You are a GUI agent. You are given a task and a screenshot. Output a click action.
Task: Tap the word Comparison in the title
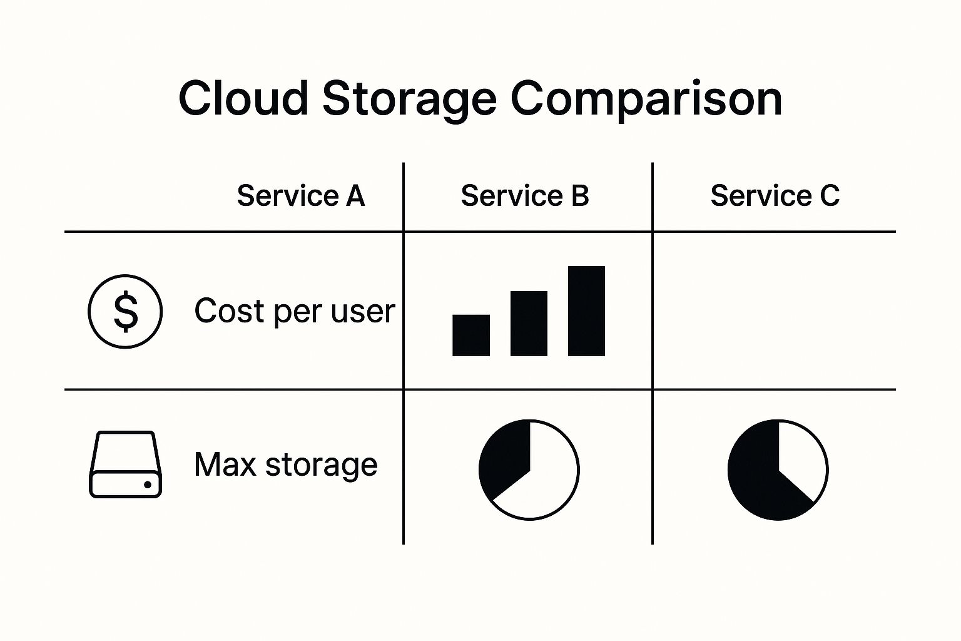[646, 98]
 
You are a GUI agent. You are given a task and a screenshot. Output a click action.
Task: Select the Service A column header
[300, 196]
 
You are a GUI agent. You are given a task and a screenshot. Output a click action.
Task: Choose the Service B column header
[525, 196]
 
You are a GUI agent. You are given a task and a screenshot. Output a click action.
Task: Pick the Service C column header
[775, 196]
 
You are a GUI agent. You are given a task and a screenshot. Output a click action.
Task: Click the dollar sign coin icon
[125, 311]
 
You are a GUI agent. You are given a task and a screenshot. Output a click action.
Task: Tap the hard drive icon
[125, 464]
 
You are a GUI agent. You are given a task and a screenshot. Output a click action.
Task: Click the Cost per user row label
[294, 311]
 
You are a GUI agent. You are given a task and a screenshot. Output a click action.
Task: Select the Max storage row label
[285, 464]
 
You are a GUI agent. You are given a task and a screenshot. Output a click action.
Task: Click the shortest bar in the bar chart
[471, 336]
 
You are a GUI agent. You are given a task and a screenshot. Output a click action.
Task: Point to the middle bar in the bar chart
[529, 324]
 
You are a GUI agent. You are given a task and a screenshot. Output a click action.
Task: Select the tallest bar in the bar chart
[586, 311]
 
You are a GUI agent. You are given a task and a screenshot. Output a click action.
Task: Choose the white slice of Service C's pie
[801, 460]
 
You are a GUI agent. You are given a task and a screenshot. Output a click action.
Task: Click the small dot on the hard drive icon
[148, 485]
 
